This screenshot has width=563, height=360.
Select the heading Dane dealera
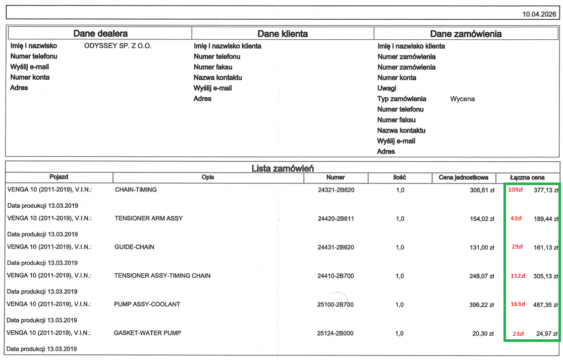[x=100, y=34]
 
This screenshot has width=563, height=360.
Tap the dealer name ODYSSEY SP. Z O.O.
[x=118, y=46]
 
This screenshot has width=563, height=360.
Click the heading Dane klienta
[x=283, y=34]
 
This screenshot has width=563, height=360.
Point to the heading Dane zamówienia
[x=466, y=34]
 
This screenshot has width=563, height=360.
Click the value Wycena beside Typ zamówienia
[x=462, y=99]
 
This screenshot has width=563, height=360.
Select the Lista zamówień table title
[x=283, y=168]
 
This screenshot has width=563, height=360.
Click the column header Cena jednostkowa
[x=464, y=177]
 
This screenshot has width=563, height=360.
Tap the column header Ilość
[x=400, y=177]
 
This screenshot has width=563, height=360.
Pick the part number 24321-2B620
[x=335, y=190]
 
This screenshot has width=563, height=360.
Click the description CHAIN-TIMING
[x=136, y=190]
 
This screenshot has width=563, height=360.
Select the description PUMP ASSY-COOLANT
[x=147, y=305]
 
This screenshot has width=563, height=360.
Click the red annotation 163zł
[x=518, y=305]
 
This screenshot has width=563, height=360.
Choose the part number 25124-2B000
[x=335, y=333]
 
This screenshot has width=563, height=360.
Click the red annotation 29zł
[x=517, y=247]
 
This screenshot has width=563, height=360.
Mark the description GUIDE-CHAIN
[x=135, y=247]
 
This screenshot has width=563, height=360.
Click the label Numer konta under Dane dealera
[x=30, y=78]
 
